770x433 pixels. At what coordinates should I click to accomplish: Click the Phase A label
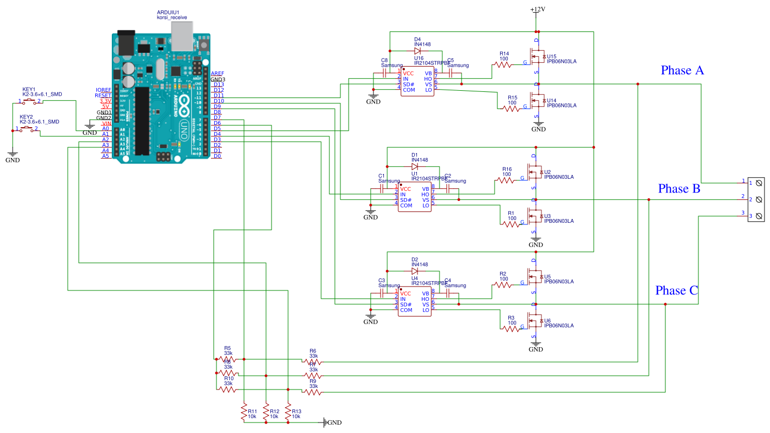click(682, 70)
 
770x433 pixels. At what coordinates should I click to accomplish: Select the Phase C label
click(677, 291)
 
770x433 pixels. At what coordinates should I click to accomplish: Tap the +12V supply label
click(538, 10)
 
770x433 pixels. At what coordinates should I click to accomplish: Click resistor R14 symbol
click(503, 64)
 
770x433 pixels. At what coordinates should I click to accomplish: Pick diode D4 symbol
click(417, 51)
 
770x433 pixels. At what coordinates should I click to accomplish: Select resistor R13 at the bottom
click(288, 413)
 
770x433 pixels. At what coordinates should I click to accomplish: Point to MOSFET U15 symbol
click(536, 57)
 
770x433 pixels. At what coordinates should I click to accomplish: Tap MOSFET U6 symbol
click(533, 321)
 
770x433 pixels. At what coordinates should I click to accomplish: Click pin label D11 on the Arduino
click(218, 96)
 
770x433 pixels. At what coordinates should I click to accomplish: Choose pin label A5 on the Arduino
click(105, 156)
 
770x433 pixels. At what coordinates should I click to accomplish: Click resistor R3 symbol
click(511, 328)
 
